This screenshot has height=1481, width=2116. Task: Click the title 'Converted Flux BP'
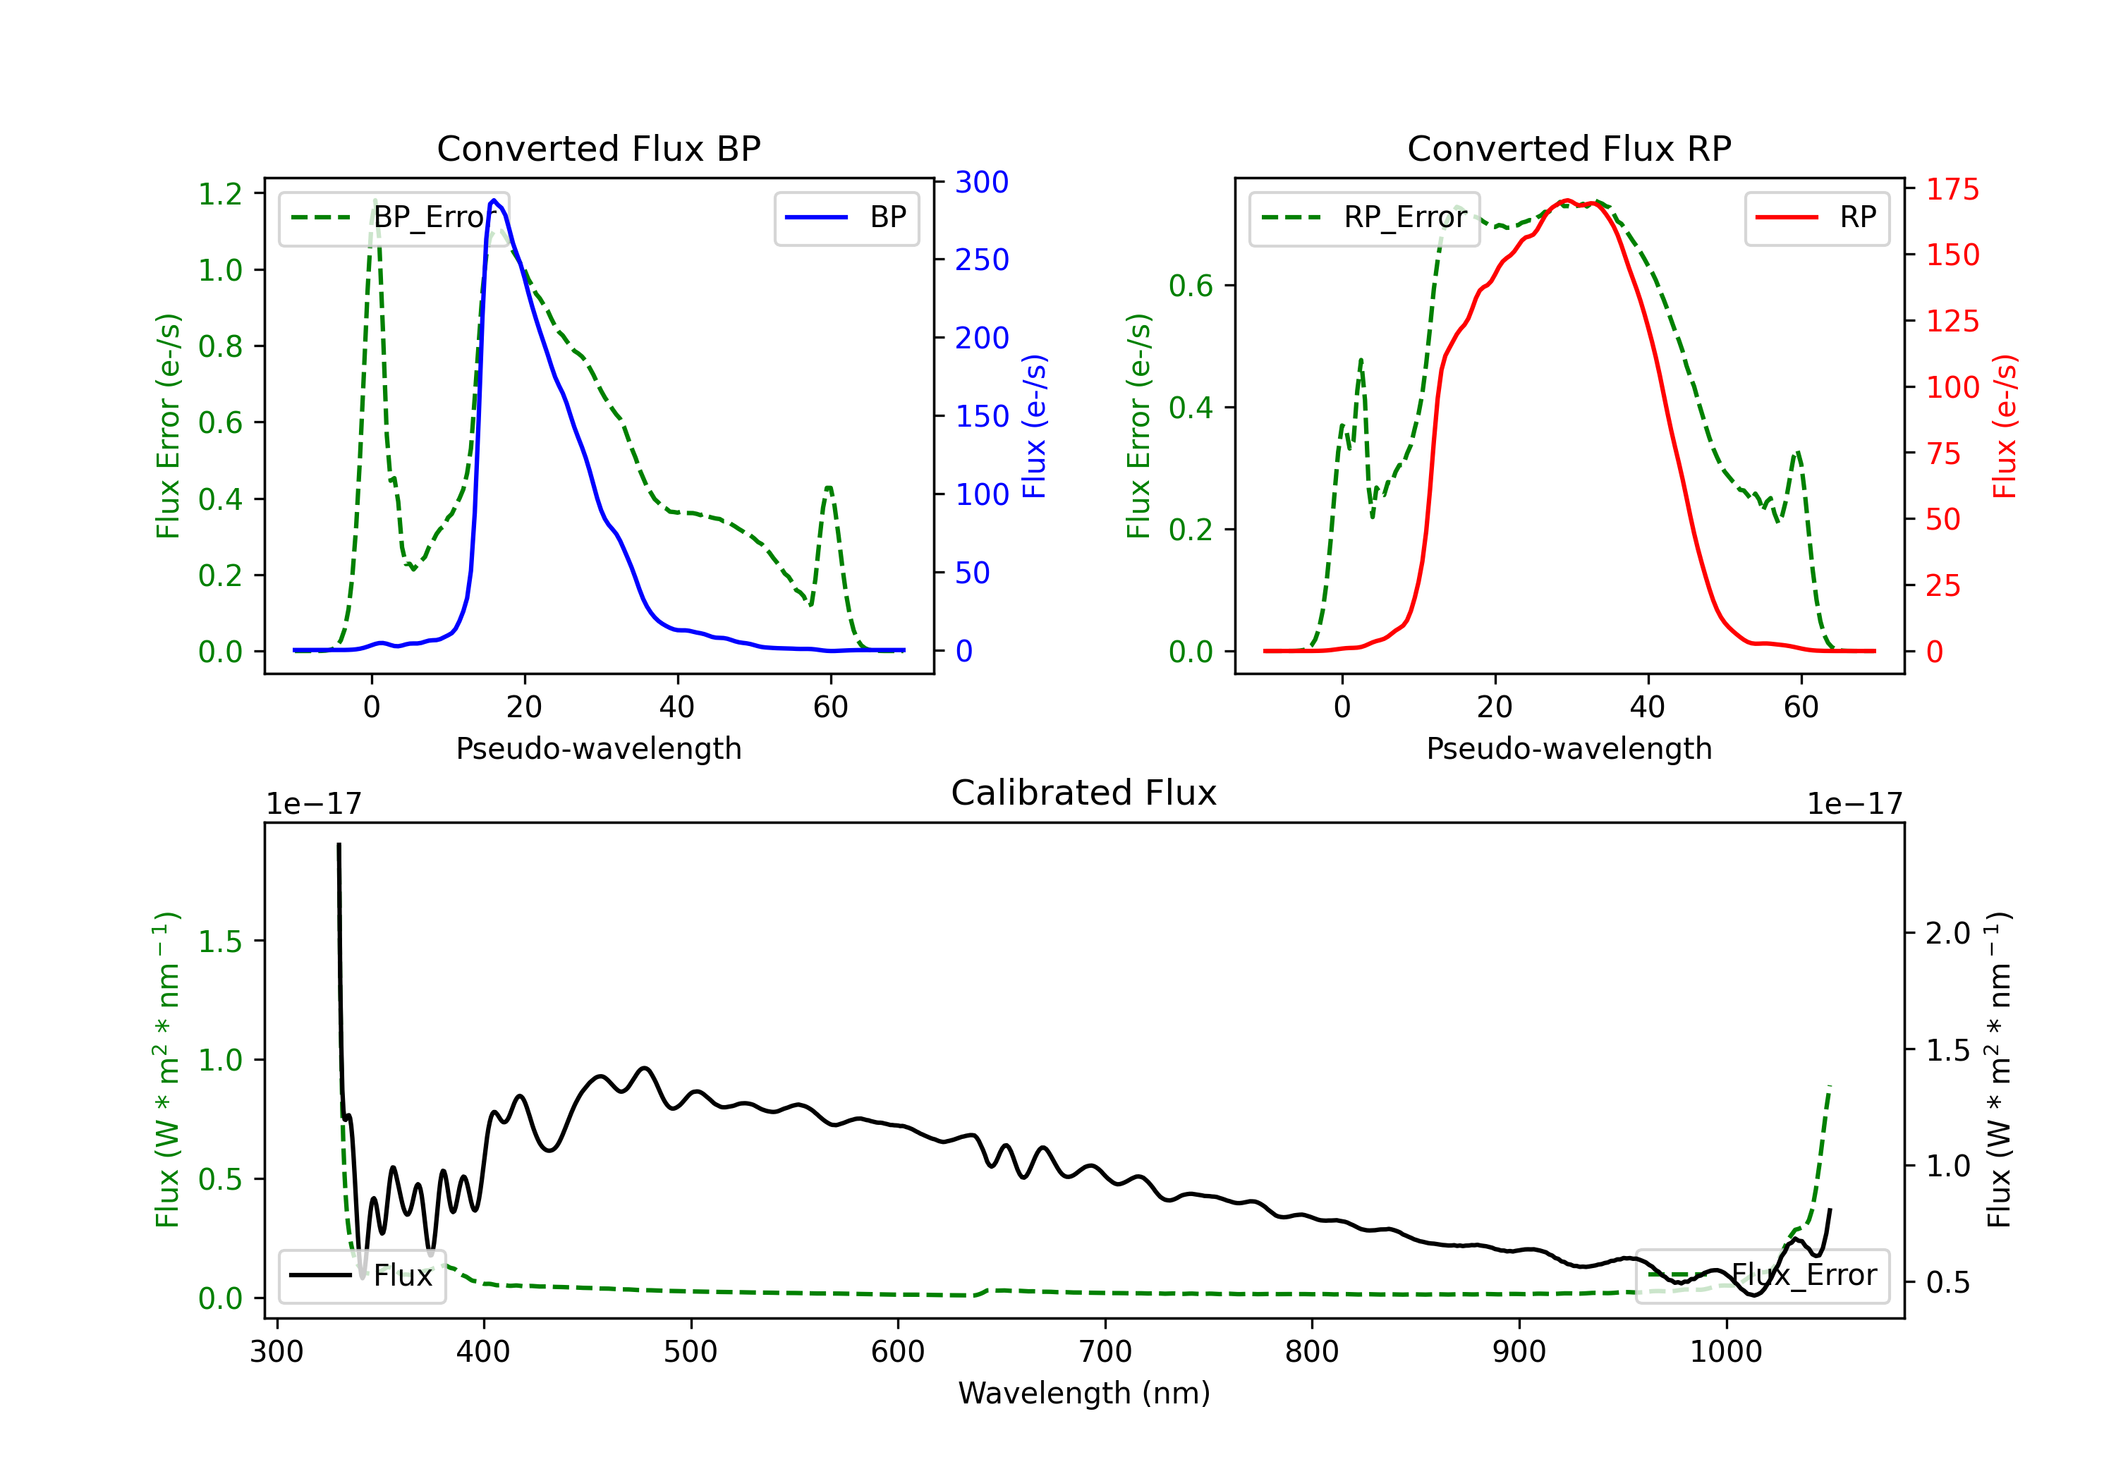coord(598,148)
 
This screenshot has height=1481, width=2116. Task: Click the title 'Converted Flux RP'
coord(1569,148)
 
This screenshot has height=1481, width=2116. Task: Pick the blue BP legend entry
coord(846,217)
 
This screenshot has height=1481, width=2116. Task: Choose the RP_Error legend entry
coord(1364,217)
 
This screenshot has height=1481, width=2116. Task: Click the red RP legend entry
coord(1816,217)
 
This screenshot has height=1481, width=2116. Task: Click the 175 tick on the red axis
coord(1952,190)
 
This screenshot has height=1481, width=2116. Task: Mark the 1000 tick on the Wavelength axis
coord(1726,1352)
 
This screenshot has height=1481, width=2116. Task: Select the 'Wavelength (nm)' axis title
coord(1084,1394)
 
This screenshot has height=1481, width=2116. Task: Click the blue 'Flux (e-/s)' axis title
coord(1034,426)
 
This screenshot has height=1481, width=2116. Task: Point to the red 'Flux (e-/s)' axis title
coord(2005,426)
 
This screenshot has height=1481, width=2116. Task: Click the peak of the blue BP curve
coord(494,200)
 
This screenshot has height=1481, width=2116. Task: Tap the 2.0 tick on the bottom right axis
coord(1948,934)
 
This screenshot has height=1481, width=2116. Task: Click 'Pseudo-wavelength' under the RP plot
coord(1569,748)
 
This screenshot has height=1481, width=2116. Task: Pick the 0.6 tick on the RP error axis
coord(1191,286)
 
